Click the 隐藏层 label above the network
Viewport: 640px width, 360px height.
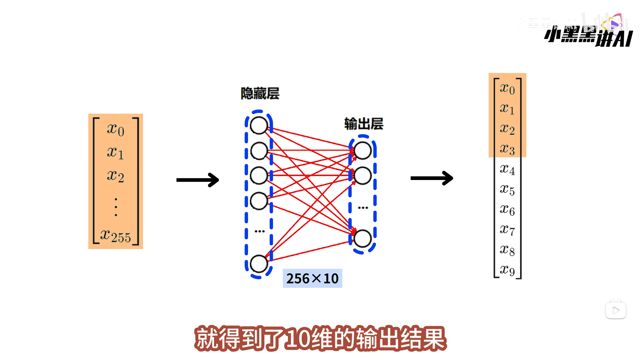pyautogui.click(x=260, y=93)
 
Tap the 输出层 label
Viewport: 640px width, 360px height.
pyautogui.click(x=364, y=124)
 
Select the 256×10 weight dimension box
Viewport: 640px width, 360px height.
pyautogui.click(x=312, y=278)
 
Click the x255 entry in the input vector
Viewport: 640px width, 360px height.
pyautogui.click(x=116, y=236)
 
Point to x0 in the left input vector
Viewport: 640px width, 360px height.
pyautogui.click(x=116, y=129)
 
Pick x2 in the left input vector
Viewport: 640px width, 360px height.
pyautogui.click(x=116, y=176)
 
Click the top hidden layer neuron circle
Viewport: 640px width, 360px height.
pyautogui.click(x=259, y=126)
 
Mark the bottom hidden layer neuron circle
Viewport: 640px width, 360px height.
pyautogui.click(x=259, y=264)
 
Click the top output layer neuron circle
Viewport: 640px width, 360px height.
pyautogui.click(x=363, y=151)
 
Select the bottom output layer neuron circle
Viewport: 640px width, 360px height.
pyautogui.click(x=363, y=239)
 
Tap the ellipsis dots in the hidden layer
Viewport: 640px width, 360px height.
pyautogui.click(x=259, y=231)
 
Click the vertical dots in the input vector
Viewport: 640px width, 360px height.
pyautogui.click(x=116, y=207)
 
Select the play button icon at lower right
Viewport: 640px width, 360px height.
pyautogui.click(x=616, y=311)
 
